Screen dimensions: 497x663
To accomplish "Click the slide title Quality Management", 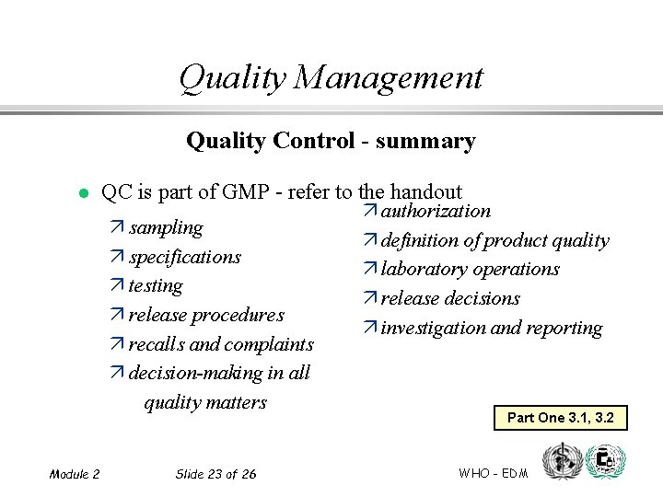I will pyautogui.click(x=331, y=77).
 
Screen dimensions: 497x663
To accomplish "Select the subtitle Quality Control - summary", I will pyautogui.click(x=331, y=141).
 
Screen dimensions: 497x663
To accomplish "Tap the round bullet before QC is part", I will pyautogui.click(x=81, y=193).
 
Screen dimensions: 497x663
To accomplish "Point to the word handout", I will pyautogui.click(x=425, y=191).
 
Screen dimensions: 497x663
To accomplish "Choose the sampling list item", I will pyautogui.click(x=166, y=227).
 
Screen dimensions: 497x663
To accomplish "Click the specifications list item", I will pyautogui.click(x=184, y=257).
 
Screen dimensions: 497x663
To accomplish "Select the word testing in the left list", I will pyautogui.click(x=156, y=286).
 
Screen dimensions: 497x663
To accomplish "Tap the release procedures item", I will pyautogui.click(x=205, y=315).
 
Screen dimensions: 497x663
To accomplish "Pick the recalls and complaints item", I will pyautogui.click(x=221, y=344).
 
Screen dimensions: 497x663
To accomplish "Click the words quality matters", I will pyautogui.click(x=205, y=402).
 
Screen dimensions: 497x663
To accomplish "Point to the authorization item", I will pyautogui.click(x=436, y=211).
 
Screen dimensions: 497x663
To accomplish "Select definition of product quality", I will pyautogui.click(x=494, y=240).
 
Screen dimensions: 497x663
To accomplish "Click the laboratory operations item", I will pyautogui.click(x=470, y=270).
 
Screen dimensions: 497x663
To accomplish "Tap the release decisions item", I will pyautogui.click(x=450, y=299).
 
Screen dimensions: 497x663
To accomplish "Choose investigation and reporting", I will pyautogui.click(x=492, y=329).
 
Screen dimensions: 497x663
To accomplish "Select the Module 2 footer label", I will pyautogui.click(x=75, y=474).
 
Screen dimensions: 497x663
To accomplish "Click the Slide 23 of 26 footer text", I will pyautogui.click(x=215, y=474).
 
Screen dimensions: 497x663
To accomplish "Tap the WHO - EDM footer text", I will pyautogui.click(x=493, y=473).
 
